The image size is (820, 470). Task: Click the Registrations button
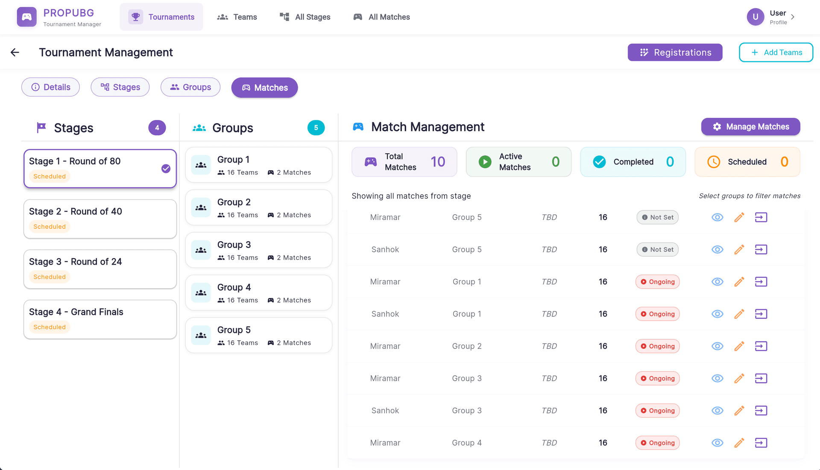pyautogui.click(x=675, y=53)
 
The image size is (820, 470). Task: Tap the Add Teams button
pyautogui.click(x=776, y=53)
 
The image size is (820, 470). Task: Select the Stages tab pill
pyautogui.click(x=120, y=87)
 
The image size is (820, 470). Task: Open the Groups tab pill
pyautogui.click(x=190, y=87)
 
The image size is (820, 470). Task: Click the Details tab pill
pyautogui.click(x=50, y=87)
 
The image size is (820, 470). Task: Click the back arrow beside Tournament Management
pyautogui.click(x=15, y=53)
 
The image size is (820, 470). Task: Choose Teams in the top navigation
pyautogui.click(x=237, y=17)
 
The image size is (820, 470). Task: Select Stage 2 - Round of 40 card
pyautogui.click(x=100, y=219)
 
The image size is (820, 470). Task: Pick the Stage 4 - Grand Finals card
pyautogui.click(x=100, y=319)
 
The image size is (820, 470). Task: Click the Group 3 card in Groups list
pyautogui.click(x=258, y=250)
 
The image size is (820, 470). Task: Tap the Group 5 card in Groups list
pyautogui.click(x=258, y=336)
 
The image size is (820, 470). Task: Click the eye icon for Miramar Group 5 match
pyautogui.click(x=717, y=217)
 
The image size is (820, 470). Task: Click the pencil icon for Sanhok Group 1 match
pyautogui.click(x=739, y=314)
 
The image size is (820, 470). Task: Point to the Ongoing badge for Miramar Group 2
pyautogui.click(x=657, y=346)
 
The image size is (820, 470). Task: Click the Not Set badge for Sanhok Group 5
pyautogui.click(x=657, y=250)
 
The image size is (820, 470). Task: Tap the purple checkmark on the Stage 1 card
pyautogui.click(x=166, y=169)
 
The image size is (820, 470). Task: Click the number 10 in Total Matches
pyautogui.click(x=438, y=162)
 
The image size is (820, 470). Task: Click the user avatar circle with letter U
pyautogui.click(x=755, y=17)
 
